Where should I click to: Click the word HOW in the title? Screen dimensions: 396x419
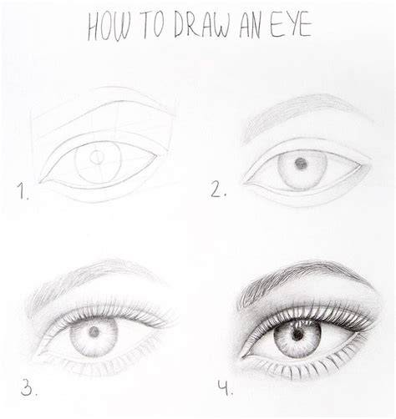[109, 27]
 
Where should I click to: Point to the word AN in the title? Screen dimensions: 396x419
[250, 26]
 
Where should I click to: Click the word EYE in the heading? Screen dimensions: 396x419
[291, 25]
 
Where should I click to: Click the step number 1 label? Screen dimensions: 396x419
[23, 191]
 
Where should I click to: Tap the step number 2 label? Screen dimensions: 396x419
[218, 189]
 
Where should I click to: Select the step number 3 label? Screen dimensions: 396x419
[28, 386]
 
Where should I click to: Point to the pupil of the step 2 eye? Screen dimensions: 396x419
[301, 164]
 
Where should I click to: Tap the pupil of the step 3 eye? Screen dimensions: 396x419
[94, 331]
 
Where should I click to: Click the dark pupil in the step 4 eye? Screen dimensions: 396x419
[297, 334]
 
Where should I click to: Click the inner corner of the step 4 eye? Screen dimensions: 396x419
[242, 356]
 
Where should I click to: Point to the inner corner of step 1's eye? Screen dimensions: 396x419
[40, 182]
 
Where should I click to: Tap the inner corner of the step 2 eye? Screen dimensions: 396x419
[245, 183]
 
